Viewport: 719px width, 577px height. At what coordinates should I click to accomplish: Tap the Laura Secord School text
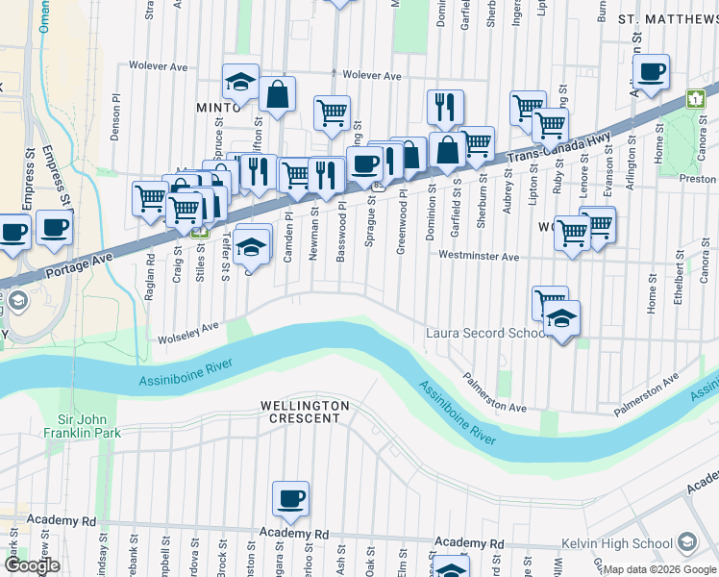[x=488, y=333]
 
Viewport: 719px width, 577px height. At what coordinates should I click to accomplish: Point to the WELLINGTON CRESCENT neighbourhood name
[x=303, y=413]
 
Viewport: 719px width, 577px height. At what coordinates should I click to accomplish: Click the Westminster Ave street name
[x=479, y=257]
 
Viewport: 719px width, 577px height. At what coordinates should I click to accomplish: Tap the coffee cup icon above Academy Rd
[x=290, y=498]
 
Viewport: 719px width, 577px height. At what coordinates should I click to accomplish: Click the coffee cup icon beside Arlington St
[x=651, y=71]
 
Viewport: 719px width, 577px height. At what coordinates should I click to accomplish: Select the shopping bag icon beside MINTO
[x=277, y=94]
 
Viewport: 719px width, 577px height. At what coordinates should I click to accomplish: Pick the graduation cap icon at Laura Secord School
[x=562, y=317]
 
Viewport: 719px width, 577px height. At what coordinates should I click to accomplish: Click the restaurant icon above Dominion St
[x=445, y=107]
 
